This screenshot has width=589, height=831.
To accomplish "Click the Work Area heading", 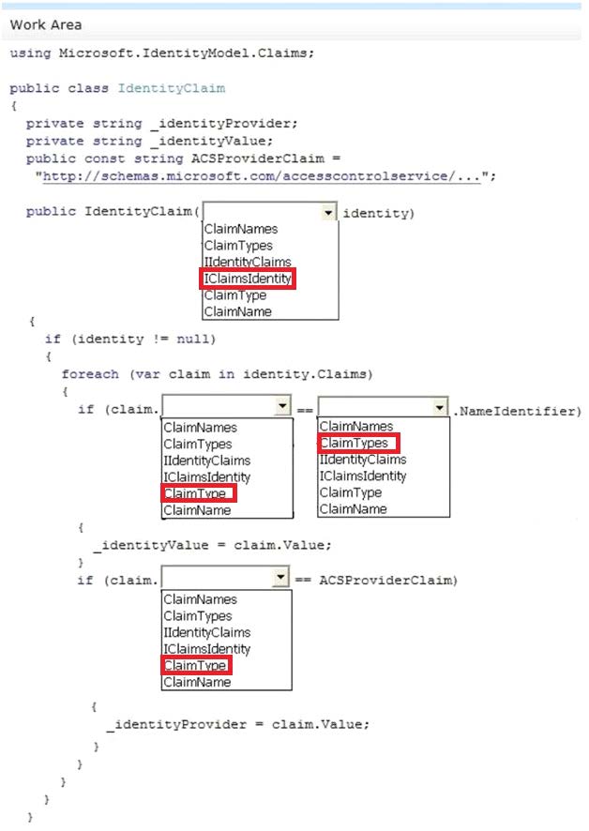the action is pyautogui.click(x=46, y=25).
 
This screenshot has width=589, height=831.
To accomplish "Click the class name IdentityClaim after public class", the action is pyautogui.click(x=172, y=88).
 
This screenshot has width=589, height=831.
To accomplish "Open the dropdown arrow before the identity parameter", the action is pyautogui.click(x=328, y=213).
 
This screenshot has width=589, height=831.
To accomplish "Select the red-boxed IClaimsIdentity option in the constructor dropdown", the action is pyautogui.click(x=248, y=279).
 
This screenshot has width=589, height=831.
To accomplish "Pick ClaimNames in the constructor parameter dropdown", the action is pyautogui.click(x=241, y=229).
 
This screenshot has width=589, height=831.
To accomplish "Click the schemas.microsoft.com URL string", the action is pyautogui.click(x=262, y=176).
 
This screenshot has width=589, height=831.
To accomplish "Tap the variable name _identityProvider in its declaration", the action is pyautogui.click(x=224, y=124).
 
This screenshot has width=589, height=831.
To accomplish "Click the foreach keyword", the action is pyautogui.click(x=90, y=374).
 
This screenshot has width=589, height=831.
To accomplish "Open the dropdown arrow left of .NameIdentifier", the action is pyautogui.click(x=440, y=408).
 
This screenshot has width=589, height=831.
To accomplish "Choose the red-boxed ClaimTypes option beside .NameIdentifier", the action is pyautogui.click(x=359, y=443).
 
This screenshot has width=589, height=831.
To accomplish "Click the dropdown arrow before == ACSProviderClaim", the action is pyautogui.click(x=280, y=577).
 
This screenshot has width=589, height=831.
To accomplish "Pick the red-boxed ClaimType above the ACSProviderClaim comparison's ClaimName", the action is pyautogui.click(x=196, y=665).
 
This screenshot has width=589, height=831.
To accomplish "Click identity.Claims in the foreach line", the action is pyautogui.click(x=308, y=374).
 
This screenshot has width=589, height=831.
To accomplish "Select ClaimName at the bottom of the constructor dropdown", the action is pyautogui.click(x=237, y=311).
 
